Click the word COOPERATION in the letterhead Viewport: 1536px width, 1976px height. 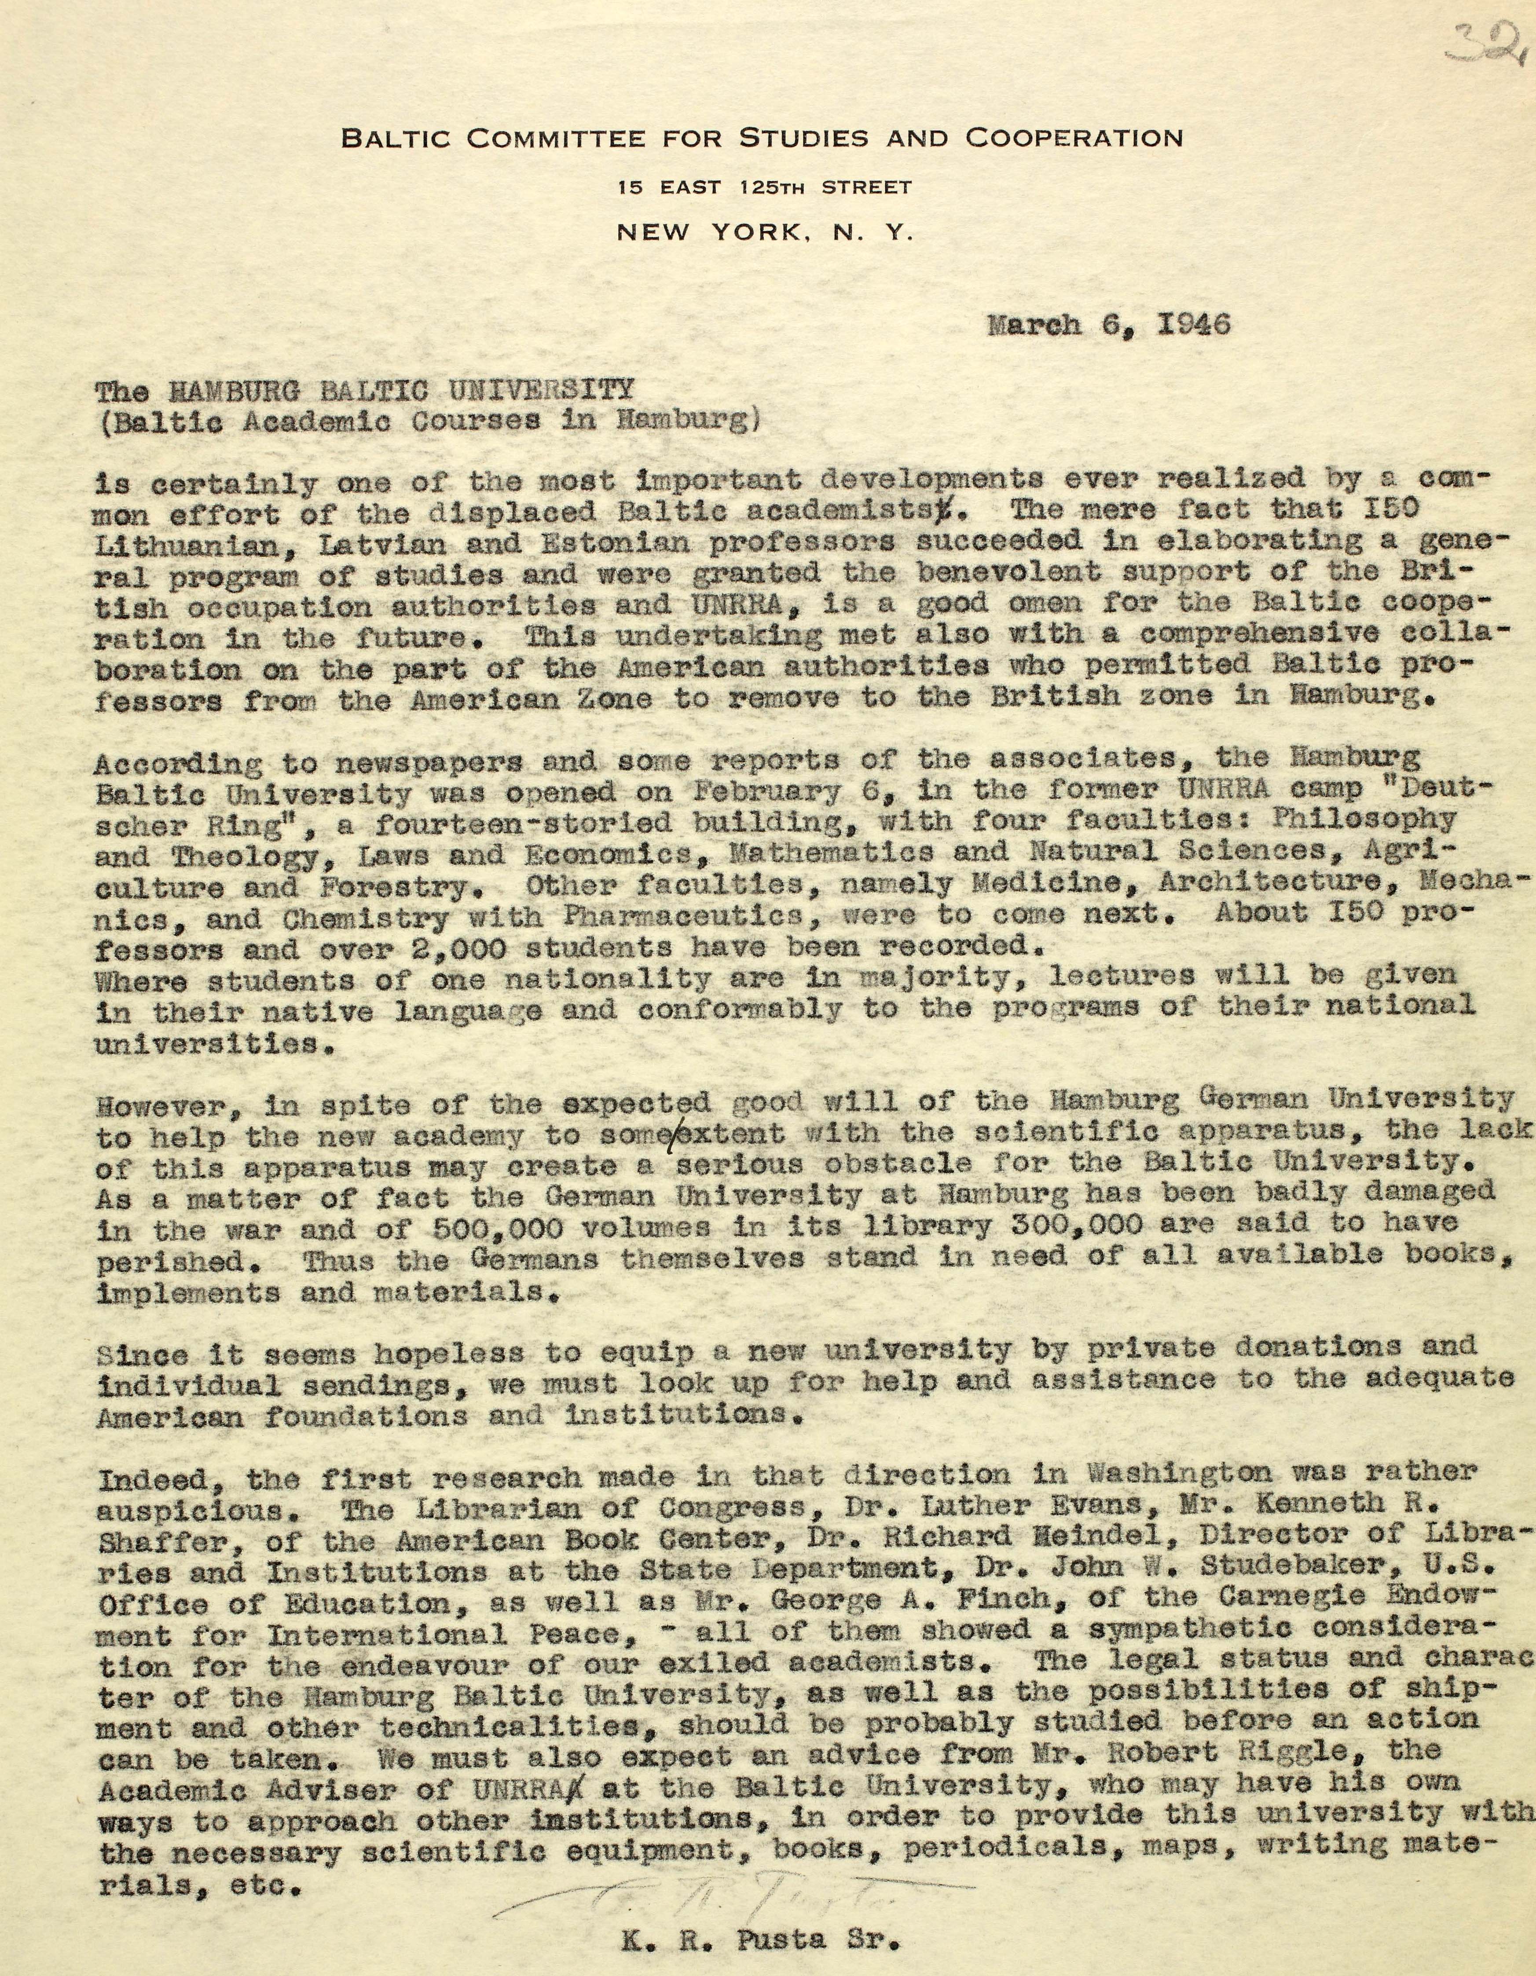coord(1074,139)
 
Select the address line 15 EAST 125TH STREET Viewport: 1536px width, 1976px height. coord(765,188)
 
